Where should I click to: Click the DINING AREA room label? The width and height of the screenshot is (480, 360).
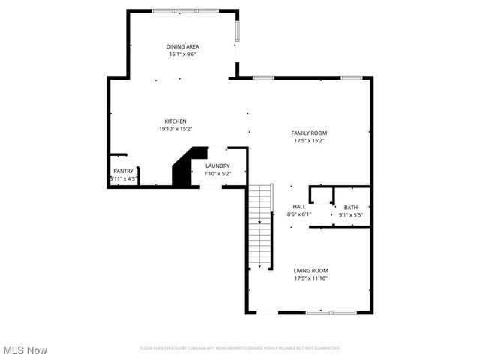[x=183, y=46]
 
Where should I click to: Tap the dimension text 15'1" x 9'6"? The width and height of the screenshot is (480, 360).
[x=183, y=54]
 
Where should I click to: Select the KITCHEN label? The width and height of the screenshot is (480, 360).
[x=175, y=121]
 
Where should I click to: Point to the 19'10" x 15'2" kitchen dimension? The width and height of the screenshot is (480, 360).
[x=175, y=129]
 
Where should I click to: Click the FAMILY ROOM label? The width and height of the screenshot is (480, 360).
[x=309, y=133]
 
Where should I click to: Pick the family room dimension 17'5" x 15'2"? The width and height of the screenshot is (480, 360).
[x=309, y=140]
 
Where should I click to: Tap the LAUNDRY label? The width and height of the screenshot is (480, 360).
[x=217, y=166]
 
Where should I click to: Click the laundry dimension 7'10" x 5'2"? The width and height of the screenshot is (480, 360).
[x=217, y=173]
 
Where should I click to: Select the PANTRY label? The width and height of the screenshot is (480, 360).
[x=124, y=171]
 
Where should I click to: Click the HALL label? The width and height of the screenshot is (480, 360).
[x=299, y=206]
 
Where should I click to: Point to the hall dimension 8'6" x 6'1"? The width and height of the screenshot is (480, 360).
[x=299, y=214]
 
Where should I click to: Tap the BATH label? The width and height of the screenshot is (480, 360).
[x=351, y=208]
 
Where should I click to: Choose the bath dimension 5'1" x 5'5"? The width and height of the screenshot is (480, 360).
[x=351, y=215]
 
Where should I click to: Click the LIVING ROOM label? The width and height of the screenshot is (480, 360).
[x=310, y=270]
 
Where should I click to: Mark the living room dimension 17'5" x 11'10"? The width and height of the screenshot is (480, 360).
[x=310, y=278]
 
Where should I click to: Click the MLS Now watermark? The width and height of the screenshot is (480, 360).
[x=25, y=350]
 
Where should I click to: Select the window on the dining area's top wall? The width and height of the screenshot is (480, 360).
[x=185, y=10]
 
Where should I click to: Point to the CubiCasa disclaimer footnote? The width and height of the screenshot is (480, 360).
[x=240, y=348]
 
